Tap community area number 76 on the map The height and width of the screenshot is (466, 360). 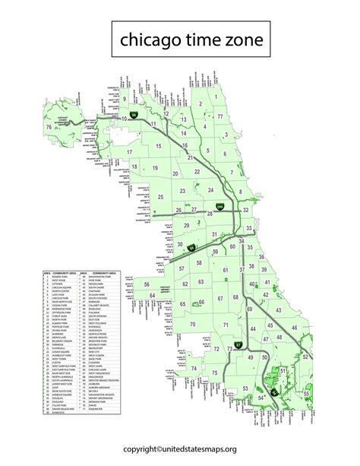49,127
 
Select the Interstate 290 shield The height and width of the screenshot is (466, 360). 220,207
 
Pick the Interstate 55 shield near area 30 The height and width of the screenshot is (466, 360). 191,248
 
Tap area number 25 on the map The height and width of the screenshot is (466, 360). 160,196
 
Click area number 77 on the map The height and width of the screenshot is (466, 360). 220,116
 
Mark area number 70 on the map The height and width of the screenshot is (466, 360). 193,325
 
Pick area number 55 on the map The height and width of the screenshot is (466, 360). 306,395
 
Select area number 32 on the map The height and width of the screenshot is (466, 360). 245,211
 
